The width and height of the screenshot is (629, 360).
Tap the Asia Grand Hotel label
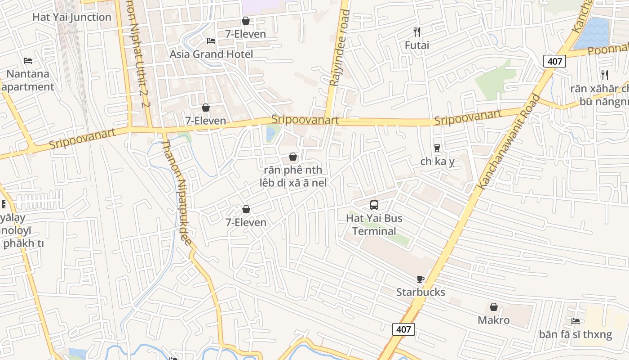coord(211,54)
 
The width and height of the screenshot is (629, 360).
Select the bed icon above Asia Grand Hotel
coord(211,41)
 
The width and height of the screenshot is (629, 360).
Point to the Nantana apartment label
coord(28,80)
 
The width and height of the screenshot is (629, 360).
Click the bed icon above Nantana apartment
coord(28,60)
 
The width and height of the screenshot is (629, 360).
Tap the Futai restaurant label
coord(417,45)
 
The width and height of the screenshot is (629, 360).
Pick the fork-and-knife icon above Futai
coord(417,31)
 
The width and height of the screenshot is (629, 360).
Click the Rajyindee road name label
coord(339,47)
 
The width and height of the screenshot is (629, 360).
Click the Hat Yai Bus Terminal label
coord(374,225)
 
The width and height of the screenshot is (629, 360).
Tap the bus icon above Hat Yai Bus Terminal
coord(374,205)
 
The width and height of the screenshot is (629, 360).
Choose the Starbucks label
coord(421,292)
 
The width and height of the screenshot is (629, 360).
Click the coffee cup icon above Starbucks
coord(421,279)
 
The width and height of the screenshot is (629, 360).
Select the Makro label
coord(493,320)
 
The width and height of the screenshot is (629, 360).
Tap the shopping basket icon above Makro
coord(494,307)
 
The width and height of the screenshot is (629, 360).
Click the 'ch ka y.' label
coord(438,161)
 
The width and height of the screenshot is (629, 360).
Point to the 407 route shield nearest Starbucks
coord(403,329)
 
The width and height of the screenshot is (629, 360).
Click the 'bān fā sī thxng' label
coord(576,334)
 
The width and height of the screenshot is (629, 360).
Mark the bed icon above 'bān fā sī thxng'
coord(576,321)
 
